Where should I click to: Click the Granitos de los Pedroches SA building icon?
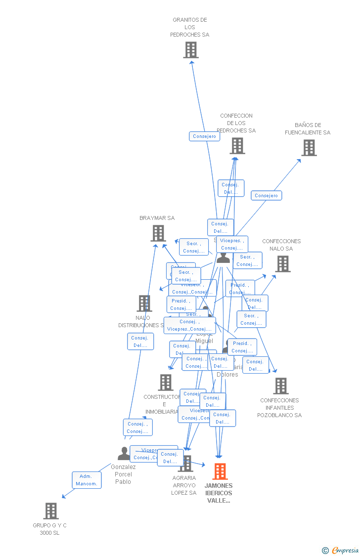[x=191, y=50]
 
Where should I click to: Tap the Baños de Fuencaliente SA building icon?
[x=309, y=148]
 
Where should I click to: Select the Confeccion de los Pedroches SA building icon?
[x=237, y=146]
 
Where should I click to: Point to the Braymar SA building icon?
[x=158, y=233]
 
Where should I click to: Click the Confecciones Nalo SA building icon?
[x=283, y=264]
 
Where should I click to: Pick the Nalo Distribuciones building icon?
[x=144, y=303]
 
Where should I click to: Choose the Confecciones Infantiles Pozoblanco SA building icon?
[x=281, y=386]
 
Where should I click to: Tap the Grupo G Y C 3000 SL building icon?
[x=51, y=511]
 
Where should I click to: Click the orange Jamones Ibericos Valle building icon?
[x=220, y=471]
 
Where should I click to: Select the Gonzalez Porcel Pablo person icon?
[x=124, y=453]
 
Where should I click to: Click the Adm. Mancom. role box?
[x=87, y=480]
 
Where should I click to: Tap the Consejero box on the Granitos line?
[x=204, y=136]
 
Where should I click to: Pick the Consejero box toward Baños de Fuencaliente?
[x=266, y=196]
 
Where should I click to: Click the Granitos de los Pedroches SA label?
[x=190, y=27]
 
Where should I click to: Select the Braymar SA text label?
[x=157, y=218]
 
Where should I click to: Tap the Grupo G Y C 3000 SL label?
[x=49, y=529]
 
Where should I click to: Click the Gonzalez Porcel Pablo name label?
[x=123, y=474]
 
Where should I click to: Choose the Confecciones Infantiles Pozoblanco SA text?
[x=279, y=408]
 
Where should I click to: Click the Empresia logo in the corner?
[x=341, y=550]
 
